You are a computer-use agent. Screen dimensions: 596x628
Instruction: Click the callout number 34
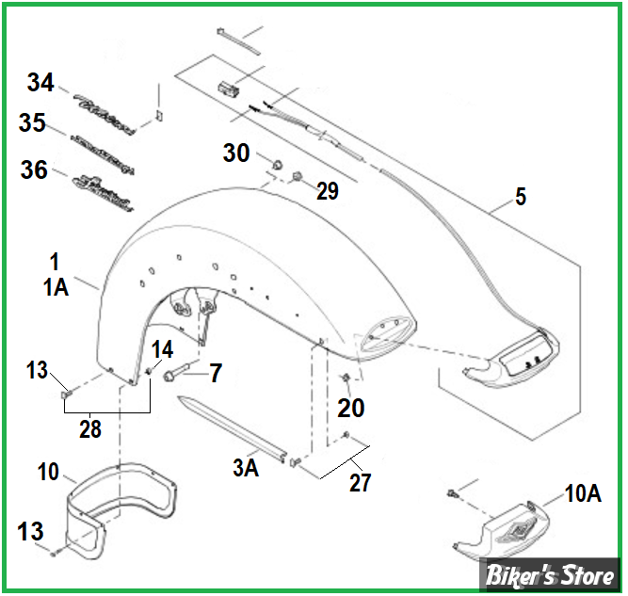40,83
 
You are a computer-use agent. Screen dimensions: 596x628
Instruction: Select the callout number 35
32,123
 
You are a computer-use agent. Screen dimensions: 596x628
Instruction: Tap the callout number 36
34,169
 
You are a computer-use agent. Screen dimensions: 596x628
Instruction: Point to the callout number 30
237,152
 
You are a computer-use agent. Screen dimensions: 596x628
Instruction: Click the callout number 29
327,191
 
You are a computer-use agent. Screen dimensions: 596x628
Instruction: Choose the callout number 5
521,198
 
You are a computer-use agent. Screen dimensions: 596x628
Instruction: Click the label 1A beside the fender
56,289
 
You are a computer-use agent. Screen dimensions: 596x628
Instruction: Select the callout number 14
164,348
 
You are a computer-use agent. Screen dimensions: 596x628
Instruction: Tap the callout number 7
216,373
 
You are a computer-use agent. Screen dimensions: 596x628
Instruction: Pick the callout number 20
350,409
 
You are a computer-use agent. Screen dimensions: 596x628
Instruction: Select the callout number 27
360,483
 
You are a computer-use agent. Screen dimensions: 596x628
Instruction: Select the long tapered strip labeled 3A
231,428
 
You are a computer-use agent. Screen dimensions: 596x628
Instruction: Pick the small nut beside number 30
278,166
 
